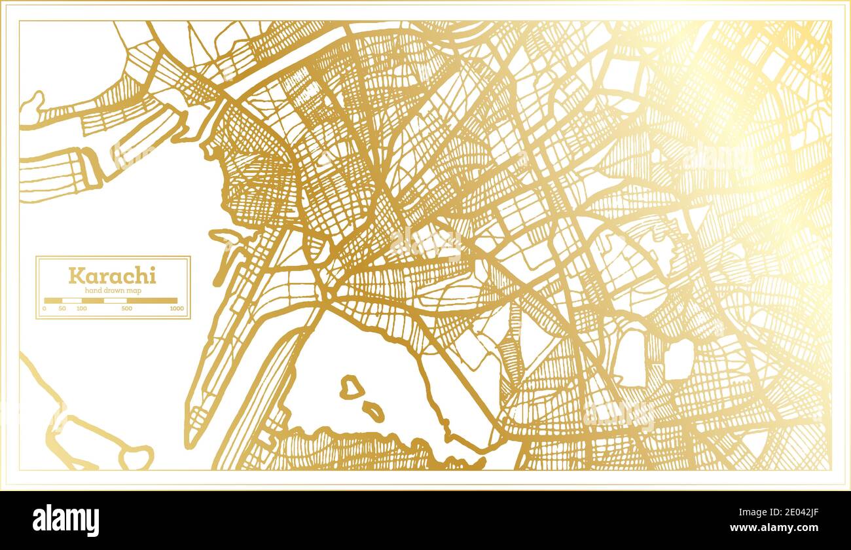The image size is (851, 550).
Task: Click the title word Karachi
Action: (113, 276)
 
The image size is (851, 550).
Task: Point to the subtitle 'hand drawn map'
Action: (113, 291)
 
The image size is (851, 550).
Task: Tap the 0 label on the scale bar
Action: (45, 308)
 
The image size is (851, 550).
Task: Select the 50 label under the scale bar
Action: (62, 308)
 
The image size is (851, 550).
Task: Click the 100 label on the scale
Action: (82, 308)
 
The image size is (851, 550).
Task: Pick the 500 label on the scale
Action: (127, 308)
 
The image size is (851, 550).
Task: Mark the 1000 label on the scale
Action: (177, 308)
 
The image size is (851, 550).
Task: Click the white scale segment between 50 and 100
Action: (72, 301)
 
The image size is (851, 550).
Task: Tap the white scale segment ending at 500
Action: (115, 301)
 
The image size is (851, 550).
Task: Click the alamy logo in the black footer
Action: (66, 521)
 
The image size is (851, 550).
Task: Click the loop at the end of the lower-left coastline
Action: (137, 457)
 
